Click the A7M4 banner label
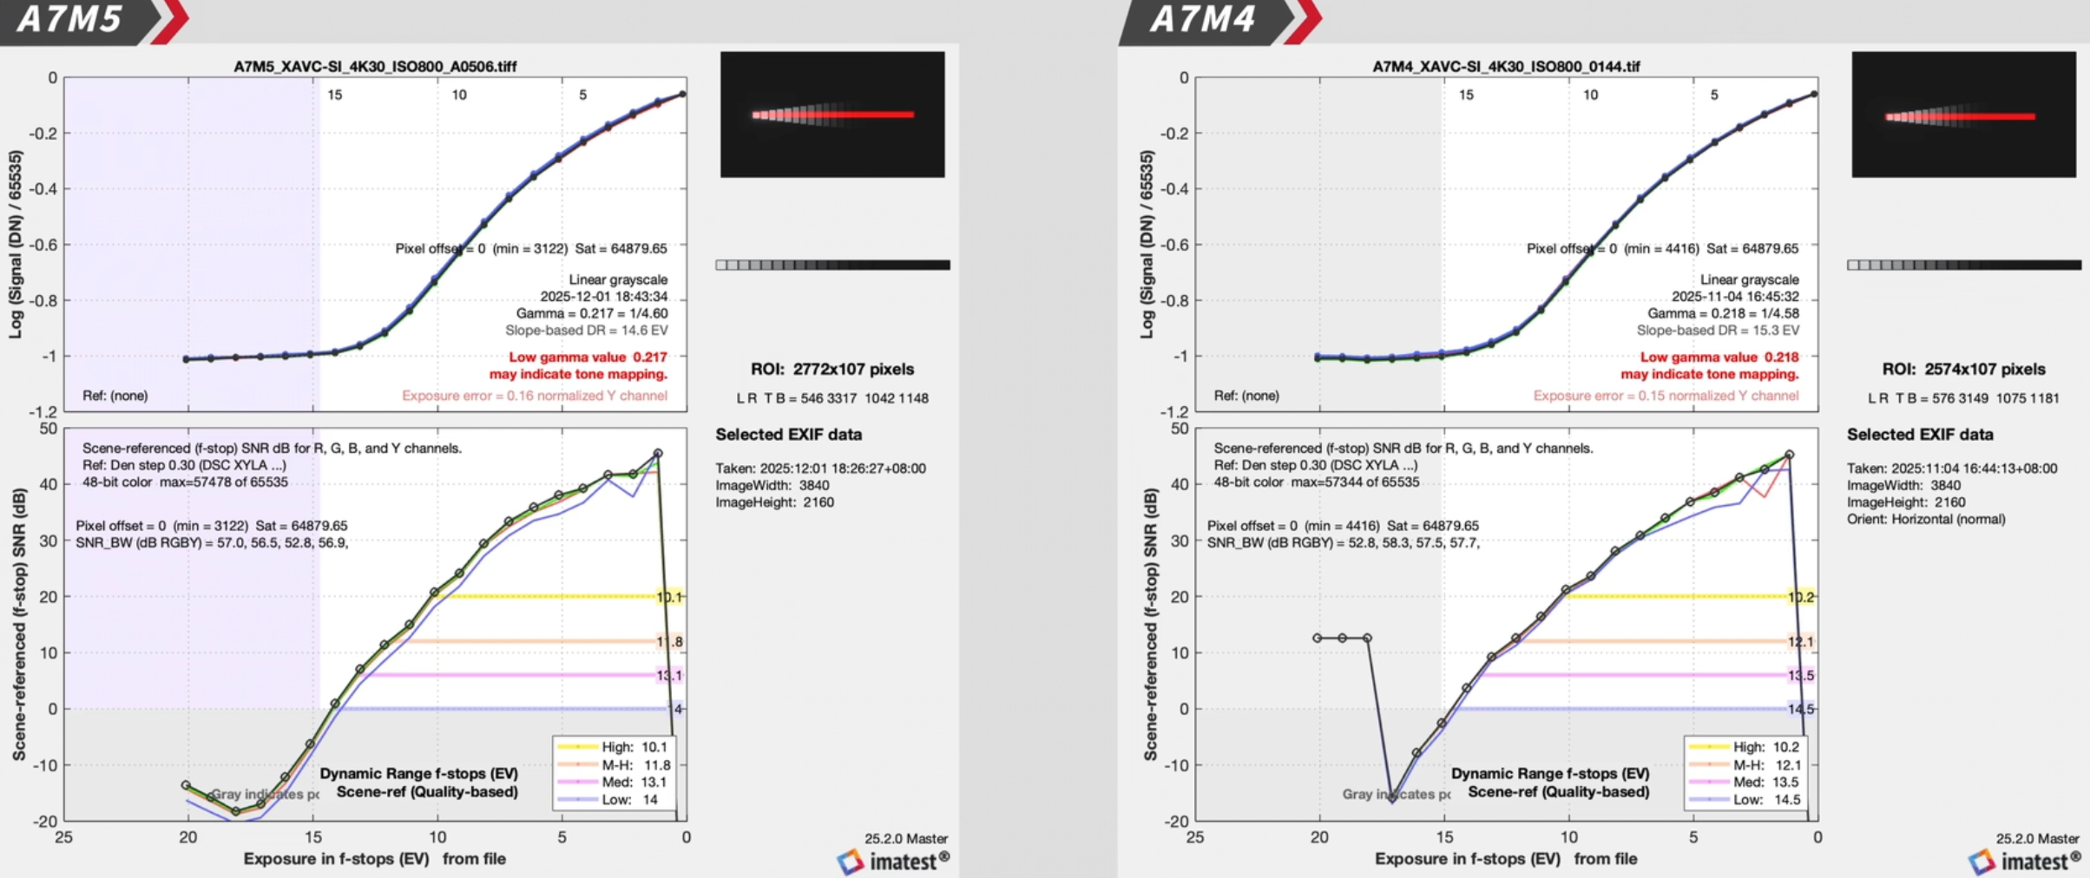coord(1202,19)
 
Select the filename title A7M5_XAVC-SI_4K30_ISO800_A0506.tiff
coord(375,67)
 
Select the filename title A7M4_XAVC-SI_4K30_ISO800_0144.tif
coord(1506,67)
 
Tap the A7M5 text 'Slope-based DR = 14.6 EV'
coord(587,331)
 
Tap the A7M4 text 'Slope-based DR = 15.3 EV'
coord(1718,331)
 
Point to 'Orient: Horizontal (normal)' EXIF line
coord(1926,520)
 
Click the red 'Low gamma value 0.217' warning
coord(588,357)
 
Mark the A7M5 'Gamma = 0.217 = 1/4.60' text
coord(592,313)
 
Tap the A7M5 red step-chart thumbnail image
coord(832,115)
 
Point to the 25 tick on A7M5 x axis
coord(63,838)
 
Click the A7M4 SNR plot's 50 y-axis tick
coord(1179,429)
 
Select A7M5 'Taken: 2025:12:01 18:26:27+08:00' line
coord(820,468)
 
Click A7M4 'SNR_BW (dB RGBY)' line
coord(1343,543)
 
